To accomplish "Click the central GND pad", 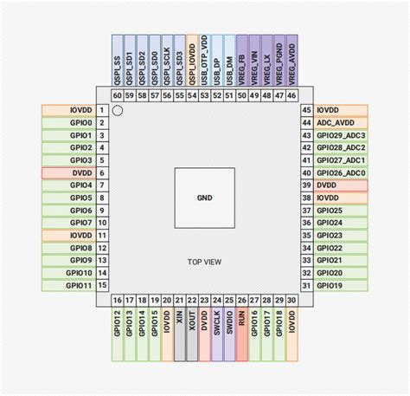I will tap(205, 198).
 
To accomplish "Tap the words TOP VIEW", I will tap(205, 262).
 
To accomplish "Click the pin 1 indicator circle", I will tap(119, 110).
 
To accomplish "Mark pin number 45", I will tap(306, 111).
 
